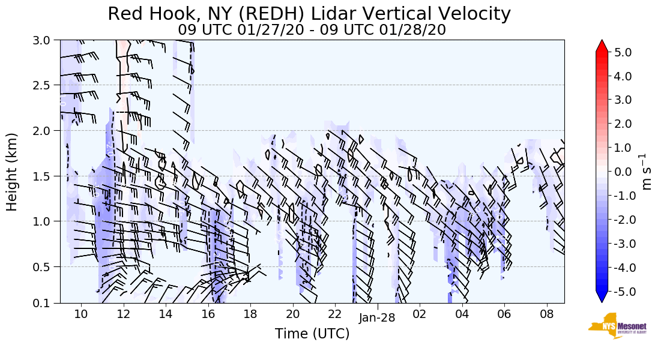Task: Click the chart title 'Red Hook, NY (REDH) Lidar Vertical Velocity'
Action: click(309, 14)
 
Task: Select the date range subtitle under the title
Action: click(312, 29)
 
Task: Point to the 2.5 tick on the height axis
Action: click(44, 85)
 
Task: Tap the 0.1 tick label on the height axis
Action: click(44, 303)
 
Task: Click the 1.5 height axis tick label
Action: click(44, 176)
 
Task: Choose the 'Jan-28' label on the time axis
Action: click(377, 318)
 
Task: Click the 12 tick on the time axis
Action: click(124, 314)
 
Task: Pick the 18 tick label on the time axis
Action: click(250, 314)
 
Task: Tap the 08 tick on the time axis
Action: click(546, 314)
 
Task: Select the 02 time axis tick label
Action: click(419, 314)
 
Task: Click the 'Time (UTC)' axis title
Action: click(312, 334)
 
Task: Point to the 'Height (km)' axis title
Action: click(12, 172)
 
